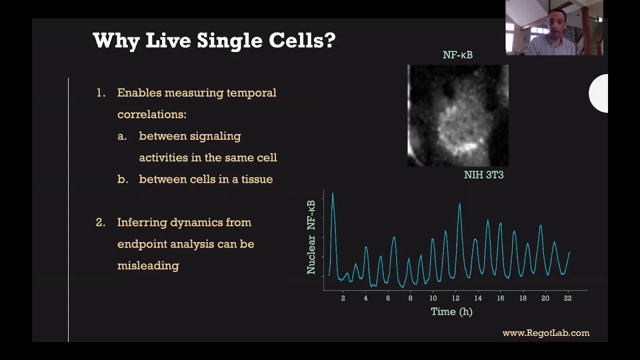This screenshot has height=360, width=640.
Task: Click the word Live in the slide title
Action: (168, 40)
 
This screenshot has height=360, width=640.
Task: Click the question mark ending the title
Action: (330, 40)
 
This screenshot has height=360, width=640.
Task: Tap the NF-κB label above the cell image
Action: (457, 55)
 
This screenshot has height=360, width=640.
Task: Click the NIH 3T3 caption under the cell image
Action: (483, 175)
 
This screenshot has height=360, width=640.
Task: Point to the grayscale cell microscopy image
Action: (457, 115)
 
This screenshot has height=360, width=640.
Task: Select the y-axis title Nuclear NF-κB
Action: (311, 237)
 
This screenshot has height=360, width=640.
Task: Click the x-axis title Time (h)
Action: (451, 311)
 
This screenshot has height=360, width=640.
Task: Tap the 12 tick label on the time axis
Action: (455, 298)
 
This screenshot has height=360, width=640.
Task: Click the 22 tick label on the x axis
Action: (567, 298)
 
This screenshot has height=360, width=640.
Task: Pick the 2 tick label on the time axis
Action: (343, 298)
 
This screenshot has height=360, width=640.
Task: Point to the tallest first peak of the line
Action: (332, 194)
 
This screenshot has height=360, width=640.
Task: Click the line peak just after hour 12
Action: (459, 204)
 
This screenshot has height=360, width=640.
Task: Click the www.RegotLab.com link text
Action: (545, 333)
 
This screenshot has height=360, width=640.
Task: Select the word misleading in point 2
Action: (148, 265)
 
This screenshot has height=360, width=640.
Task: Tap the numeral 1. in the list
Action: (101, 93)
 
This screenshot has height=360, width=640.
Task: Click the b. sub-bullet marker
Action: (122, 179)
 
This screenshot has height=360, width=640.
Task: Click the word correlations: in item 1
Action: (151, 114)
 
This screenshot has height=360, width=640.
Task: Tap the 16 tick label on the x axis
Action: (500, 298)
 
